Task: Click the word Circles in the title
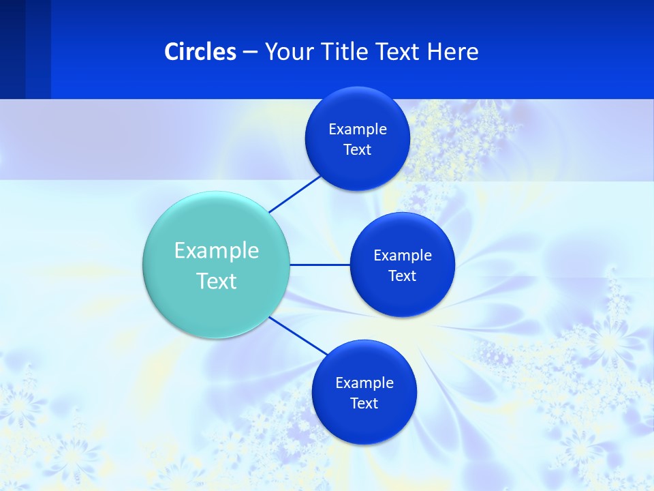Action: pos(200,52)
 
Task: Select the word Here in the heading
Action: pos(452,52)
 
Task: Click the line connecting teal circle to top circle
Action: pos(296,194)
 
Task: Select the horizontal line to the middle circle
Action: pos(320,265)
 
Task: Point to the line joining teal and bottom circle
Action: pos(298,336)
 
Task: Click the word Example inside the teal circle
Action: pos(217,251)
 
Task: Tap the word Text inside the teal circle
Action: pos(217,281)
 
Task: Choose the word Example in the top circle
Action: pos(357,130)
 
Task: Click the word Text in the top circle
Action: pos(357,150)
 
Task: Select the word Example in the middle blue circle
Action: pos(402,256)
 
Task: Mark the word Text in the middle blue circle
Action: pos(402,276)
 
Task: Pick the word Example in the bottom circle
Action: pos(364,383)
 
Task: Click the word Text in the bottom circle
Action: pos(364,404)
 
